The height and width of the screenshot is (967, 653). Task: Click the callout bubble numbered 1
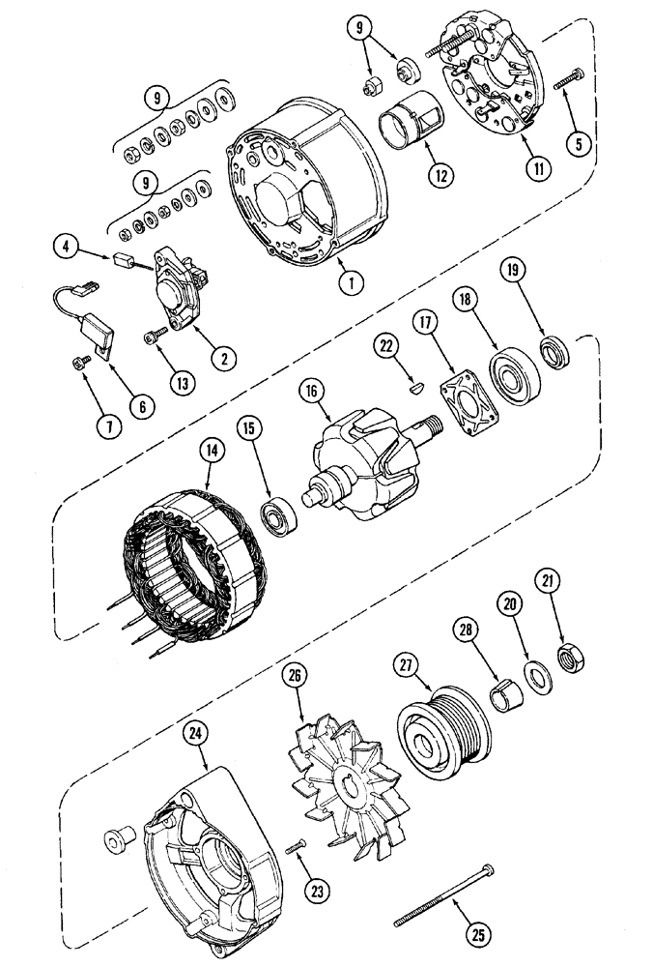pos(352,283)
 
